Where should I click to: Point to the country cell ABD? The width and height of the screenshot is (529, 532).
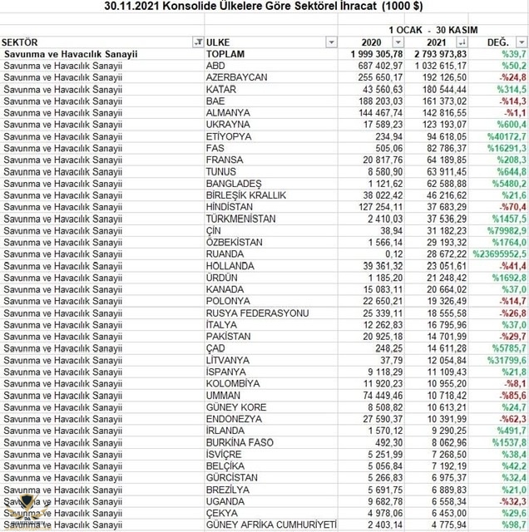point(216,65)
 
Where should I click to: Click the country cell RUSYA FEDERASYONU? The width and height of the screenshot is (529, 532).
point(257,313)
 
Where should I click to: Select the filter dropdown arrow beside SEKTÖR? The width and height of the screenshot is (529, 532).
point(197,41)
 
